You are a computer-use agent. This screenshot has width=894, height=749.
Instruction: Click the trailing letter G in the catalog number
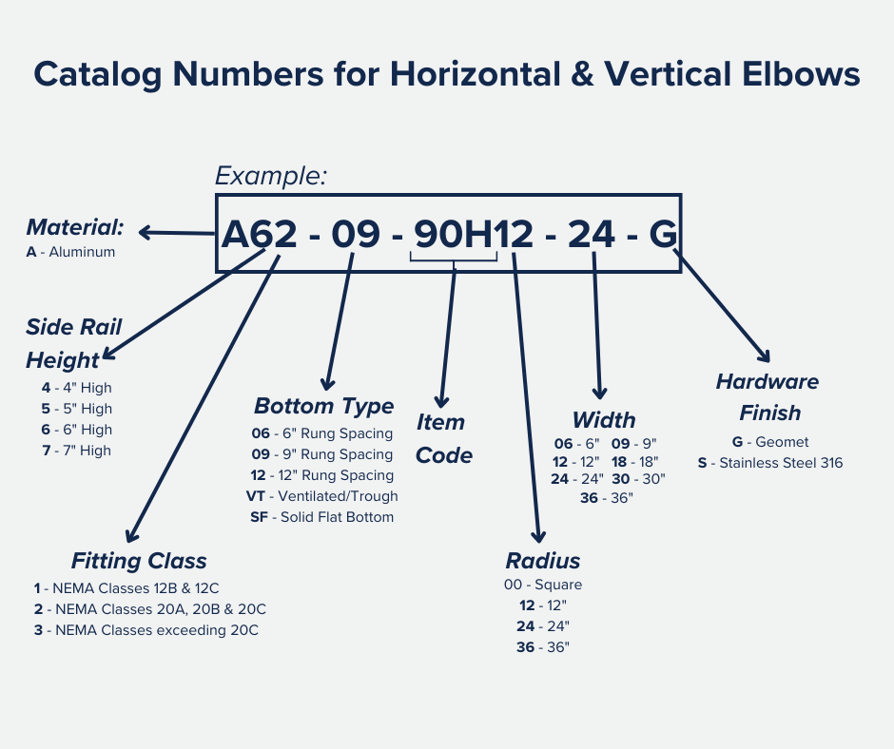pyautogui.click(x=663, y=234)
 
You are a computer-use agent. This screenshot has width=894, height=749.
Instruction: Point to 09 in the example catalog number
pyautogui.click(x=355, y=234)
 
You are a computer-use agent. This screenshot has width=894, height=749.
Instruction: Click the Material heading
pyautogui.click(x=75, y=227)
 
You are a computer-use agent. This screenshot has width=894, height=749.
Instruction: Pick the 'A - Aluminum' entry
pyautogui.click(x=70, y=252)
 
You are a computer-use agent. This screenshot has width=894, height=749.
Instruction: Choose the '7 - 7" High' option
pyautogui.click(x=76, y=451)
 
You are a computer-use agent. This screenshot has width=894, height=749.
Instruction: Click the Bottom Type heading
pyautogui.click(x=323, y=406)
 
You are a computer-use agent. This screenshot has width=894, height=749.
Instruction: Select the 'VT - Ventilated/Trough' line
pyautogui.click(x=321, y=496)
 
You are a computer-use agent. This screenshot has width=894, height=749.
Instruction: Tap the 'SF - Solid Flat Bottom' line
pyautogui.click(x=321, y=517)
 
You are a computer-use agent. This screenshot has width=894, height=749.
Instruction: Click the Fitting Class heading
pyautogui.click(x=139, y=560)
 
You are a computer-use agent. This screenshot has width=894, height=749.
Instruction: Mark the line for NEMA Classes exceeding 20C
pyautogui.click(x=146, y=630)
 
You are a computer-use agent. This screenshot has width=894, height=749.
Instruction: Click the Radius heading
pyautogui.click(x=542, y=560)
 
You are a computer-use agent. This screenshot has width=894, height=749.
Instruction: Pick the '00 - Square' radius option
pyautogui.click(x=543, y=585)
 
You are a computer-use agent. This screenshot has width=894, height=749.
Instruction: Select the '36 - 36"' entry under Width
pyautogui.click(x=605, y=498)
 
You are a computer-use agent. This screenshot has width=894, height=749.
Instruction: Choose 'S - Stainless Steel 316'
pyautogui.click(x=769, y=463)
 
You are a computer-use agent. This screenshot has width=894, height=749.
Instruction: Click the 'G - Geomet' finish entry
pyautogui.click(x=769, y=442)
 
